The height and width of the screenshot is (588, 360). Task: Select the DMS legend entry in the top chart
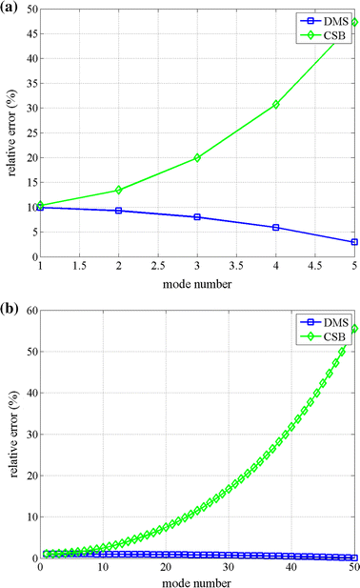coord(329,19)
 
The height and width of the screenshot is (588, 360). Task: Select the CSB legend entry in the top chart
coord(329,33)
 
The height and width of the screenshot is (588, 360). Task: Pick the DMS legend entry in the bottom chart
coord(329,320)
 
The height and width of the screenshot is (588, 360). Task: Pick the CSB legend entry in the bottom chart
coord(329,334)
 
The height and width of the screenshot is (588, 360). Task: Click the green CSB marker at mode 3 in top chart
coord(197,157)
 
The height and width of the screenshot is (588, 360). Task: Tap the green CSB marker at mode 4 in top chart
coord(276,104)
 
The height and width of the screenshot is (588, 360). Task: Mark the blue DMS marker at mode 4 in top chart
coord(276,227)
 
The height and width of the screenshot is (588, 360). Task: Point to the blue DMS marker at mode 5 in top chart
coord(354,242)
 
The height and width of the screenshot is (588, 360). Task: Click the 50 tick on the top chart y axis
coord(29,10)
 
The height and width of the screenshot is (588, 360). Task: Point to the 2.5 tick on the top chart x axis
coord(158,267)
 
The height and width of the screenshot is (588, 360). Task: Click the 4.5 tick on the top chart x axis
coord(315,267)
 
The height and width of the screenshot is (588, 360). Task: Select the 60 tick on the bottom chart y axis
coord(29,311)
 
